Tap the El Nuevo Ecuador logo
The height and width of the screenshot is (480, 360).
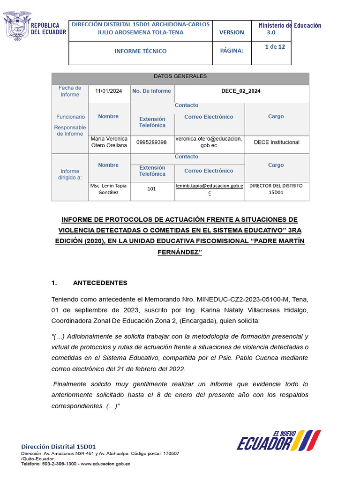[x=278, y=440]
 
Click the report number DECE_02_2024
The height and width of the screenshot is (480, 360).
[x=241, y=91]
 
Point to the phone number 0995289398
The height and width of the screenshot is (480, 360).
[x=151, y=142]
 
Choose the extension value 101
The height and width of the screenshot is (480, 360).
[x=151, y=189]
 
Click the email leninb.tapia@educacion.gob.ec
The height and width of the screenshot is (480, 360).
[x=210, y=188]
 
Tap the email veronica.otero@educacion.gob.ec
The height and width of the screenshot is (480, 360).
[x=209, y=142]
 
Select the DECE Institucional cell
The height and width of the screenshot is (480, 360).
[x=276, y=142]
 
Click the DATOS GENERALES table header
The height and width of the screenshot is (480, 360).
[x=180, y=76]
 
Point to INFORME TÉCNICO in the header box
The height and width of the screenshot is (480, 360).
[x=141, y=51]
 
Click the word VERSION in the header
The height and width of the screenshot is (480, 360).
[x=232, y=32]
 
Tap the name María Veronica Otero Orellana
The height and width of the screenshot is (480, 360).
[x=109, y=142]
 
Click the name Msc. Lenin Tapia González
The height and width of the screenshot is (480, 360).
[x=108, y=189]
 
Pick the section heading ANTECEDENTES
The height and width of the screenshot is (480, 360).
[x=100, y=283]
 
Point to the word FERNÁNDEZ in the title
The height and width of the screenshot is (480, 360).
[x=180, y=252]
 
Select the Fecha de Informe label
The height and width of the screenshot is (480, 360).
[x=70, y=91]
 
